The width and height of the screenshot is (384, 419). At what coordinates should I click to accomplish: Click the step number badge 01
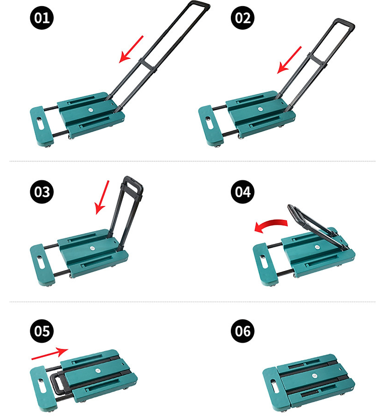(x=41, y=17)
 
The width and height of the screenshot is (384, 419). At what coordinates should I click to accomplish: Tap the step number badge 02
(x=243, y=17)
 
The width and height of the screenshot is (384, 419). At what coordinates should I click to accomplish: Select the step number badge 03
(x=41, y=192)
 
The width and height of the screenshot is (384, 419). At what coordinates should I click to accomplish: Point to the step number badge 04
(x=243, y=192)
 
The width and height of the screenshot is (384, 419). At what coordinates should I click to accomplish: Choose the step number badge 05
(x=41, y=331)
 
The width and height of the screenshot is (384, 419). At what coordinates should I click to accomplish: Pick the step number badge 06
(x=243, y=331)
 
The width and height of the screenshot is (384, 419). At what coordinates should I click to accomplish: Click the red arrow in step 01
(x=131, y=49)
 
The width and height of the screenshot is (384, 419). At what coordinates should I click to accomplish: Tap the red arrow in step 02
(x=289, y=59)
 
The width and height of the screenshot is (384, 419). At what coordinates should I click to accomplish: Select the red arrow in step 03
(x=102, y=197)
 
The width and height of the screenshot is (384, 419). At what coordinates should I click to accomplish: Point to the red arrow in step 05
(x=50, y=353)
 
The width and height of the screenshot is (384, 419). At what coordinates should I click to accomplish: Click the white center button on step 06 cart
(x=314, y=375)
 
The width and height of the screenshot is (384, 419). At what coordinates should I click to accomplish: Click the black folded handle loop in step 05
(x=57, y=384)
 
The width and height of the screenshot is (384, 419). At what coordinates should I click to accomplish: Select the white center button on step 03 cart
(x=92, y=248)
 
